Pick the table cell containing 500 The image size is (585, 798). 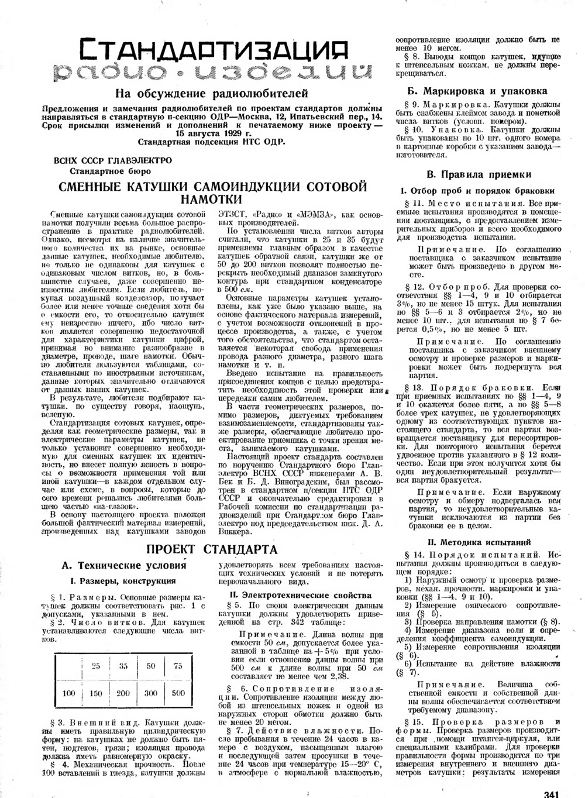178,693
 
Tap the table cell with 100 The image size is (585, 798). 68,693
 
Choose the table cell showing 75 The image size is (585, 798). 178,666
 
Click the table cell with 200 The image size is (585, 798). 123,693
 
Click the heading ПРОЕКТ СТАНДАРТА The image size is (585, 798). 211,549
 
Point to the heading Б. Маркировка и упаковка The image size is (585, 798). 477,91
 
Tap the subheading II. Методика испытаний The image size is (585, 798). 479,542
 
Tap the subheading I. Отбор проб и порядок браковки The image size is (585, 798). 477,191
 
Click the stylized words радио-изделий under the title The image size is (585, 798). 211,73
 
